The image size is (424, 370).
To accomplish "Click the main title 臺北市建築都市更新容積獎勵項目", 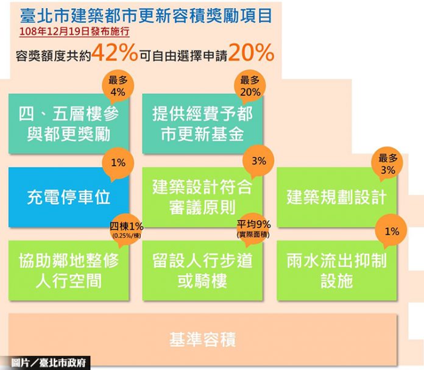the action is click(146, 16).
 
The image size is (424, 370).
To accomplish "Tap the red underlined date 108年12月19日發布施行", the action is click(74, 32).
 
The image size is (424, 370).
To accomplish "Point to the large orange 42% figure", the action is click(115, 52).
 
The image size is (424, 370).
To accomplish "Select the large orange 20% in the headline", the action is click(251, 52).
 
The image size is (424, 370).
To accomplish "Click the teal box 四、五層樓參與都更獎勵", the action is click(69, 124).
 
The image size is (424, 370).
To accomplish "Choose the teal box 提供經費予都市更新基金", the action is click(202, 124).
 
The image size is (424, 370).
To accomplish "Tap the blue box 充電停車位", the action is click(69, 197).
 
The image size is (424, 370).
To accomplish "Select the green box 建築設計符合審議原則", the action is click(202, 197).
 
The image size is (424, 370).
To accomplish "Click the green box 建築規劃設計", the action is click(337, 197).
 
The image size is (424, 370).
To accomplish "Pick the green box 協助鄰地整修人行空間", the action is click(69, 271).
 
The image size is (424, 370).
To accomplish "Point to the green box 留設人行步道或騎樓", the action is click(202, 271).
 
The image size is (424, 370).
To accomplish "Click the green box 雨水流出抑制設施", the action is click(337, 271).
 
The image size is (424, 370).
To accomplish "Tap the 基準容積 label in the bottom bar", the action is click(202, 340).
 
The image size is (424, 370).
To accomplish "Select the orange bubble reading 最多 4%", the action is click(118, 87).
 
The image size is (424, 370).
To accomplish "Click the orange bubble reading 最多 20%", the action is click(250, 87).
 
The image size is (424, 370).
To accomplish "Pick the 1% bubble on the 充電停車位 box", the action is click(118, 163).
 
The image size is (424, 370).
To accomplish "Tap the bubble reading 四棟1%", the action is click(127, 230).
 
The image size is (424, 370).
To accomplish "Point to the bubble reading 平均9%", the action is click(253, 229).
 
